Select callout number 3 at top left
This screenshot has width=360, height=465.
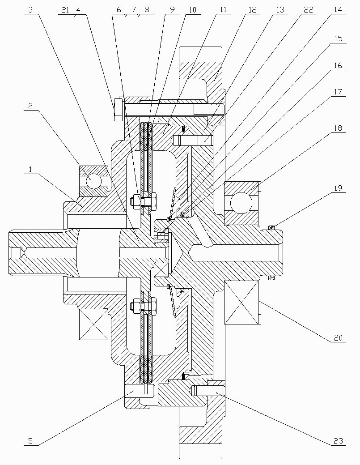[x=30, y=10]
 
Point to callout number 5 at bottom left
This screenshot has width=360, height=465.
[x=30, y=441]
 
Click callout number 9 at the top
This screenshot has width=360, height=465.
[x=173, y=10]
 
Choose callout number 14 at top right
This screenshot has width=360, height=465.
[x=338, y=10]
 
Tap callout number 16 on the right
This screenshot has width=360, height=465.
[x=338, y=65]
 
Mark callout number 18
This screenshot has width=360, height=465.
[x=338, y=128]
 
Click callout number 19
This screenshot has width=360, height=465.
[x=338, y=188]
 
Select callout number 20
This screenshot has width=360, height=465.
[x=338, y=338]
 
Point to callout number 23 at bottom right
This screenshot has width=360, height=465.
[x=338, y=441]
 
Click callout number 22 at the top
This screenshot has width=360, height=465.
[x=308, y=10]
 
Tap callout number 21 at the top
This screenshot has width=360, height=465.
[x=65, y=10]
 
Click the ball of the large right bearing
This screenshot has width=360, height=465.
[x=241, y=203]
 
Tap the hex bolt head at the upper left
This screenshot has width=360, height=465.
[x=118, y=109]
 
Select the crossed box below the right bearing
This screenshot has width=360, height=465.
[x=242, y=303]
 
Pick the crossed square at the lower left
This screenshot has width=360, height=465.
[x=93, y=324]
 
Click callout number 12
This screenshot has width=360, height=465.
[x=252, y=10]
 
